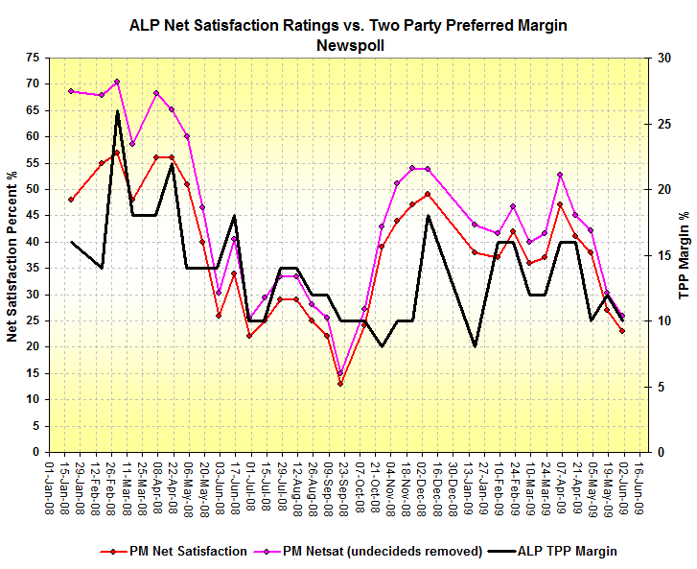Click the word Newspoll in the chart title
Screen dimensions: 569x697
pyautogui.click(x=348, y=44)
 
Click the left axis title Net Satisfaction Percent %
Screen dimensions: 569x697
pyautogui.click(x=13, y=254)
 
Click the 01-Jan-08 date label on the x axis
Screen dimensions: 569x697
pyautogui.click(x=49, y=486)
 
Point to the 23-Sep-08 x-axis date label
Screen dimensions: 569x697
pyautogui.click(x=340, y=486)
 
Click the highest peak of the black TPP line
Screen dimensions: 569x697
pyautogui.click(x=117, y=111)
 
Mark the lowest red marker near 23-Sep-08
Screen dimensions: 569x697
pyautogui.click(x=340, y=384)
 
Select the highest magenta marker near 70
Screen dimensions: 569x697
pyautogui.click(x=117, y=82)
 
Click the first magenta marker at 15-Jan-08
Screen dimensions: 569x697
pyautogui.click(x=71, y=91)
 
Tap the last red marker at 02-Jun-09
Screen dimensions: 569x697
pyautogui.click(x=622, y=331)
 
